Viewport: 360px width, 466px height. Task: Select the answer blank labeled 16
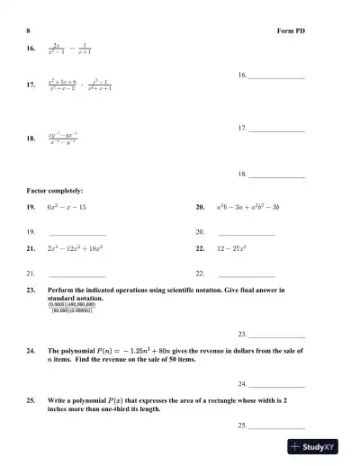coord(277,77)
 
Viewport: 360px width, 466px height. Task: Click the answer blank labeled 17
coord(277,130)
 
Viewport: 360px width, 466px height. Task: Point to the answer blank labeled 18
coord(277,174)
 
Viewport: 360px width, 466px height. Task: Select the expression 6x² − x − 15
coord(67,207)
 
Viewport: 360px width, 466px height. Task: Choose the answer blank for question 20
coord(247,233)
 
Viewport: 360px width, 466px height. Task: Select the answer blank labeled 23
coord(277,335)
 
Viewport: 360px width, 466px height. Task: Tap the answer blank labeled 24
coord(277,384)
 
